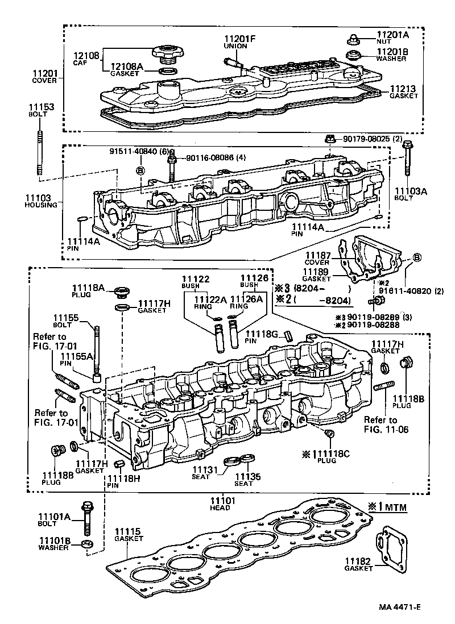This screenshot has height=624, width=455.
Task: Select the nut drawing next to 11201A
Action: point(352,39)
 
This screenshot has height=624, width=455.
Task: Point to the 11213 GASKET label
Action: point(404,92)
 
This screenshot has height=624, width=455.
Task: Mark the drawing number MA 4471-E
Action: point(402,608)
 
